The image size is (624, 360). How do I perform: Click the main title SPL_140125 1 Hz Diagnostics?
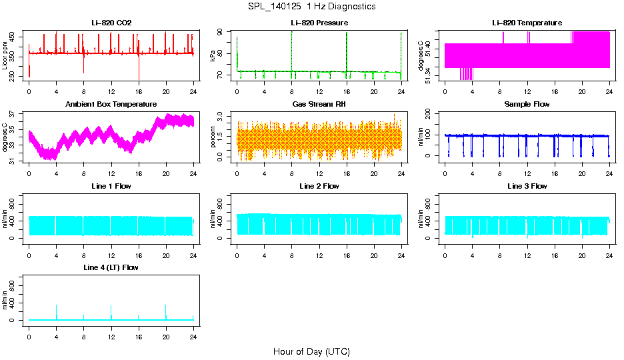point(311,7)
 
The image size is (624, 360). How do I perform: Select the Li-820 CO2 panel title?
point(111,23)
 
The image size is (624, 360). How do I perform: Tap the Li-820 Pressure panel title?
point(319,23)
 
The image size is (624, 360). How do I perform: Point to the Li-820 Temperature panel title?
point(527,23)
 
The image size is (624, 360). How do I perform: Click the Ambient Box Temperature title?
point(111,105)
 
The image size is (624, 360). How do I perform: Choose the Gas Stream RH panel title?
point(319,105)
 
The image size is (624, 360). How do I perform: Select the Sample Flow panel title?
point(527,105)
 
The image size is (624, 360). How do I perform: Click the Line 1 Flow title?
point(111,186)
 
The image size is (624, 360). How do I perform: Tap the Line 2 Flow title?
point(319,186)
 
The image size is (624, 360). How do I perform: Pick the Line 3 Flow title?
point(527,186)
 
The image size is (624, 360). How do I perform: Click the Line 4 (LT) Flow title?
point(111,267)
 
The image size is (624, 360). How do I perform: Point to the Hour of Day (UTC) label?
point(311,351)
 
